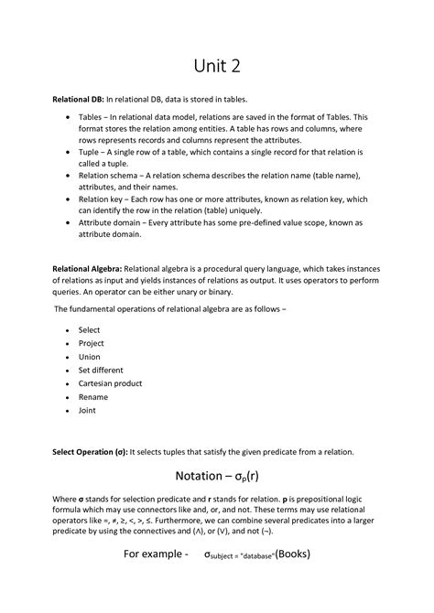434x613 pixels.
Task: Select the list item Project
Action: click(92, 343)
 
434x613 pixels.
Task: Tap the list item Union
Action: click(90, 357)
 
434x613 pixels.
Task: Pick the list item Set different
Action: click(102, 371)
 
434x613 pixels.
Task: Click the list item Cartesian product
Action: click(111, 384)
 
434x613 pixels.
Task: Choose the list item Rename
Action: click(93, 398)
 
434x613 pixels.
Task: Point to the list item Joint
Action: click(88, 412)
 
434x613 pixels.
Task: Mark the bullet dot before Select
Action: click(69, 329)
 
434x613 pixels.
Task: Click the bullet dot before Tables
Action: click(69, 118)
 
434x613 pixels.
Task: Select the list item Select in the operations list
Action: click(90, 329)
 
